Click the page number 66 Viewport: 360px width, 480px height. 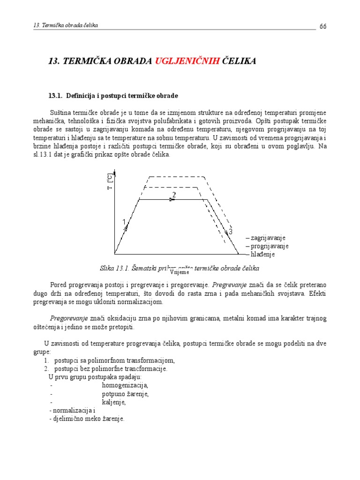(x=323, y=26)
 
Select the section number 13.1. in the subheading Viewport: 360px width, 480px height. (x=55, y=96)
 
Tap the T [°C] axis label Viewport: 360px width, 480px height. (x=109, y=182)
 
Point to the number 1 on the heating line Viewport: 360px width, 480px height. (x=124, y=222)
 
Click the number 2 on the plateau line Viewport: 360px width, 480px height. (x=174, y=195)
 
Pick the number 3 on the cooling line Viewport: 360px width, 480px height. (x=230, y=231)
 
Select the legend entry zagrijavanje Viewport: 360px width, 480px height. (x=268, y=238)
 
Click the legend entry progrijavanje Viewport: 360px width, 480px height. (x=269, y=246)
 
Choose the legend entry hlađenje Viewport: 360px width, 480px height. (x=262, y=254)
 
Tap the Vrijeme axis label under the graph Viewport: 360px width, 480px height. (x=180, y=271)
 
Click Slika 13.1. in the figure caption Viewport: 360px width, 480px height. (x=114, y=268)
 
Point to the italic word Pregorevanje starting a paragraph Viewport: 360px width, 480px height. (x=69, y=318)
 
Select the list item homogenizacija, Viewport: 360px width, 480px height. (x=125, y=385)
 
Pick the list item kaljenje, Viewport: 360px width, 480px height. (x=114, y=402)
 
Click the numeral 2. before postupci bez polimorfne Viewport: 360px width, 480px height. (x=46, y=368)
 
